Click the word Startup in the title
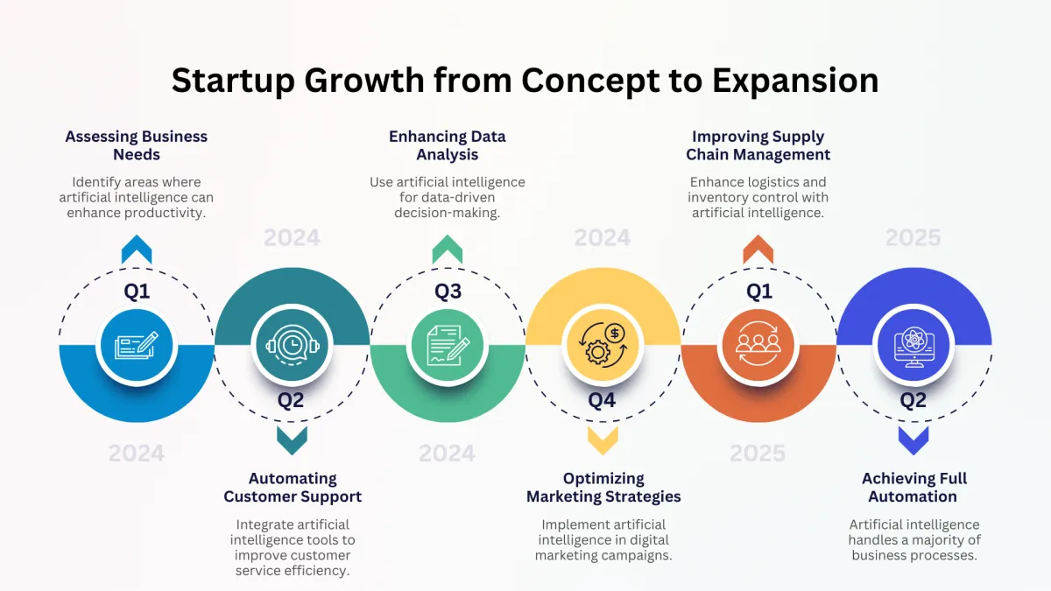(x=233, y=81)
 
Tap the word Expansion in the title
(x=795, y=81)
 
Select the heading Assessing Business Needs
(x=136, y=145)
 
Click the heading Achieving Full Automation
(x=914, y=488)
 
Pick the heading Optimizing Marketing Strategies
(x=603, y=488)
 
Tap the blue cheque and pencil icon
(x=137, y=346)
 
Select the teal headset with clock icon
(x=293, y=346)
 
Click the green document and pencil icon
(x=448, y=346)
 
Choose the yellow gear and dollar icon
(x=603, y=346)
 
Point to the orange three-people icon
(x=758, y=346)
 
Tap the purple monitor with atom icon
(x=914, y=347)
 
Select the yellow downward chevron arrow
(x=603, y=440)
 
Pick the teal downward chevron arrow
(x=293, y=440)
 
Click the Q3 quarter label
(x=448, y=292)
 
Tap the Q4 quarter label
(x=602, y=400)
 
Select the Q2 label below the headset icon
(x=291, y=400)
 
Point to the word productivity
(x=166, y=213)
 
